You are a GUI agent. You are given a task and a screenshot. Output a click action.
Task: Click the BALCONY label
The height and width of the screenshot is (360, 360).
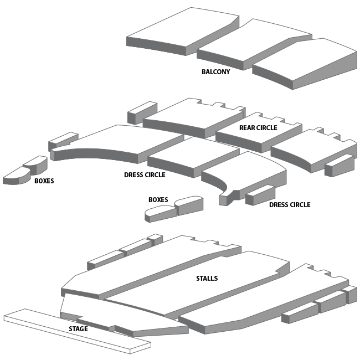tap(215, 72)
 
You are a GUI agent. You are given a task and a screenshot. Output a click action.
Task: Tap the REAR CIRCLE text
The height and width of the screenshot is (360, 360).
tap(258, 128)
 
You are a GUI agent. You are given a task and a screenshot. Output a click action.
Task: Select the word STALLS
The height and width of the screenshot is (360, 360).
tap(207, 279)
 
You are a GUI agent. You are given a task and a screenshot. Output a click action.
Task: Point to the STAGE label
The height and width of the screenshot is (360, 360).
tap(78, 329)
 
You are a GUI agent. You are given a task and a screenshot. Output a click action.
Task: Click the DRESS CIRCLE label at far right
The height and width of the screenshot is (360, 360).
tap(290, 205)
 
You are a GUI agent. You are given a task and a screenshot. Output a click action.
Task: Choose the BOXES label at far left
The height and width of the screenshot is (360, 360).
tap(44, 181)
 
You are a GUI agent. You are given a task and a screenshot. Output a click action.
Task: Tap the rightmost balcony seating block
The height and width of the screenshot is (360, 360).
tap(310, 61)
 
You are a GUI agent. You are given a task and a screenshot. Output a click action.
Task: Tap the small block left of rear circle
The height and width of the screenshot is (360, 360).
tap(142, 112)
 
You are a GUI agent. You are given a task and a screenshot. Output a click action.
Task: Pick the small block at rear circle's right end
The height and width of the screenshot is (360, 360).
tap(339, 164)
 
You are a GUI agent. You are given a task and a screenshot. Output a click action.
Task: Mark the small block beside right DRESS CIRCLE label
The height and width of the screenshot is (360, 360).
tap(259, 194)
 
